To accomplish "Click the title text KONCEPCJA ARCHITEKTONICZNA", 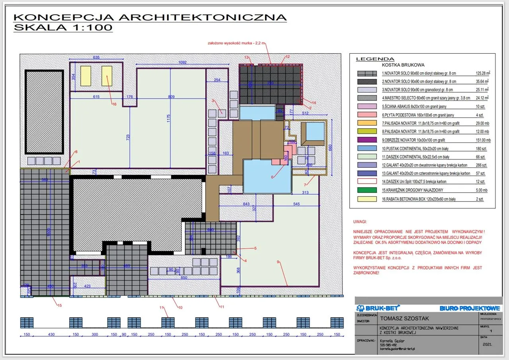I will click(x=150, y=17).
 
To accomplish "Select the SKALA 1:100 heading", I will click(x=63, y=27).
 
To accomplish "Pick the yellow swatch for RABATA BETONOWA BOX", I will click(x=367, y=199).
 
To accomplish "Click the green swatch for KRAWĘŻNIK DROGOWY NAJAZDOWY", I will click(x=367, y=190).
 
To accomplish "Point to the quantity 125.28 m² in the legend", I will click(x=483, y=74).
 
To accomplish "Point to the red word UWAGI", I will click(x=360, y=222).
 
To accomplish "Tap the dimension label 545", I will click(x=296, y=204).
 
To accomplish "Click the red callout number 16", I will click(x=114, y=105).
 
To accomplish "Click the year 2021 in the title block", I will click(x=486, y=345).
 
